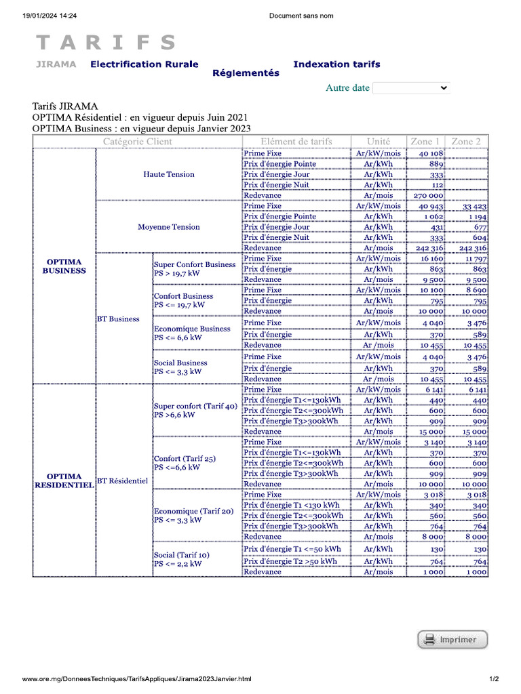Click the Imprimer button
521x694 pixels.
452,639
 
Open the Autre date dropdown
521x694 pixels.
411,88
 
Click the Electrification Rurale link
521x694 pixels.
144,64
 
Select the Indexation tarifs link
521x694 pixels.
336,64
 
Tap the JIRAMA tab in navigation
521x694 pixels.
56,64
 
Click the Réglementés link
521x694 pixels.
246,73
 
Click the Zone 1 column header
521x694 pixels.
425,142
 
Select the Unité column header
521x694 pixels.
378,142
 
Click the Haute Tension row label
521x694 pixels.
169,174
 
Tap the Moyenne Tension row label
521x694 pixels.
169,227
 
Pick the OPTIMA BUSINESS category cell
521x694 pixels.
64,266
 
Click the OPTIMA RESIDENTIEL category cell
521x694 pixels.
64,481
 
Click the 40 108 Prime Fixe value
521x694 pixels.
431,154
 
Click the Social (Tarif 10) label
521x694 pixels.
181,554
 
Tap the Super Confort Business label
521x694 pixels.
195,264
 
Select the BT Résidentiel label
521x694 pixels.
122,481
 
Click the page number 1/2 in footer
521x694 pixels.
494,678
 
